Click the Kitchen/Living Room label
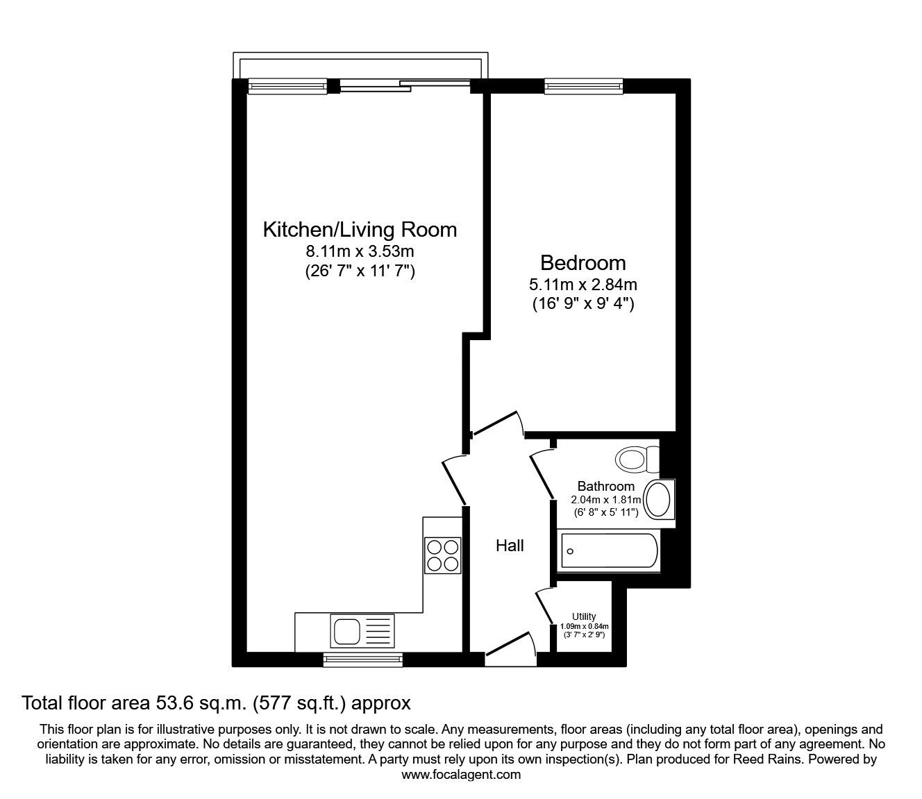point(360,230)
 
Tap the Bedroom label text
point(582,263)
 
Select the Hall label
point(510,546)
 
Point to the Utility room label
point(584,616)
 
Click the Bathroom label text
point(605,487)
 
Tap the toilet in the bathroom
point(637,459)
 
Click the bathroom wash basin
point(658,499)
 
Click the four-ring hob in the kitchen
point(442,555)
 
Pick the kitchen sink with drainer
point(363,632)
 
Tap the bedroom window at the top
point(583,86)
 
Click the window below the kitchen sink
point(362,659)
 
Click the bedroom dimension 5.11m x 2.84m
point(582,284)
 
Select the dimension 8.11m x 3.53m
point(360,251)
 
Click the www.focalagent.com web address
point(461,774)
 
